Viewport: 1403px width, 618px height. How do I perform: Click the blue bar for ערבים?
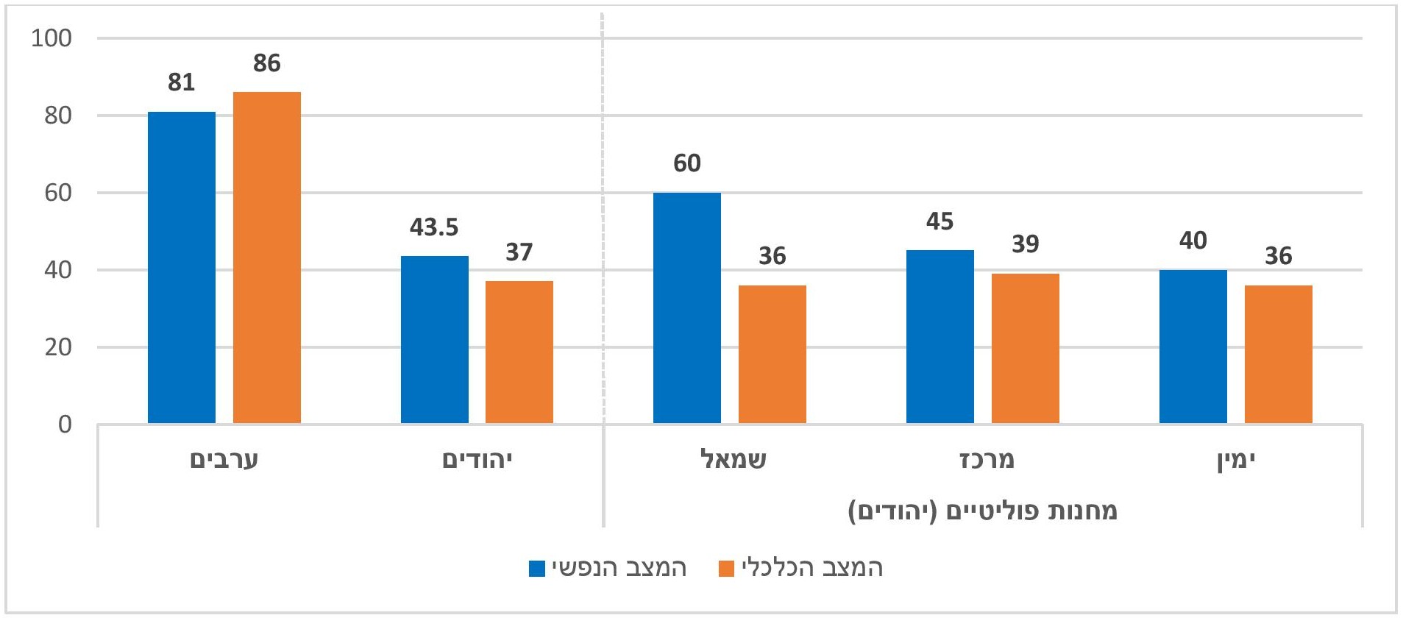pos(182,268)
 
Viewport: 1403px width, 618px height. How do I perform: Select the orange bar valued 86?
pos(266,257)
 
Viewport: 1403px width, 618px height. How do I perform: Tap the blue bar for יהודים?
pos(434,339)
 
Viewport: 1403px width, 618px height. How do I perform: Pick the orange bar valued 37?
pos(519,352)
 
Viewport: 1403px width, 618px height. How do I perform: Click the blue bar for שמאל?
pos(686,308)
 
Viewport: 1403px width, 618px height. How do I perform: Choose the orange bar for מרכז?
pos(1025,348)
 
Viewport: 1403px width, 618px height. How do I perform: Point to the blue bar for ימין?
pos(1193,347)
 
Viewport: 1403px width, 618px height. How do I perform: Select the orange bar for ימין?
pos(1278,354)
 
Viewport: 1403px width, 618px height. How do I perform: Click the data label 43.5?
pos(434,227)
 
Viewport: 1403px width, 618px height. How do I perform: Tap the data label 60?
pos(686,163)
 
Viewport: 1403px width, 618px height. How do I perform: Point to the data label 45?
pos(940,221)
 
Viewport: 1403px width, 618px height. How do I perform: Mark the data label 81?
pos(181,82)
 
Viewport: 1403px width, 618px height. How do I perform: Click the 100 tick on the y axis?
pos(51,38)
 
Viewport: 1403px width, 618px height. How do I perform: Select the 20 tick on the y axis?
pos(58,347)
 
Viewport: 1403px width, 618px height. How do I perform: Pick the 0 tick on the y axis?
pos(65,425)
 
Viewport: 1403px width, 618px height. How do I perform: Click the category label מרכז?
pos(987,460)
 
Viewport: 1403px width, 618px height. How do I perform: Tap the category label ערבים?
pos(224,461)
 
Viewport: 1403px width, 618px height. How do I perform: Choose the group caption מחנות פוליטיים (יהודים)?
pos(982,511)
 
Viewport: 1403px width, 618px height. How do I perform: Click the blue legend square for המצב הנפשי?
pos(537,569)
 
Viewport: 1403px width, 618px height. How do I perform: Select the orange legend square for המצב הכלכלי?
pos(727,569)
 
